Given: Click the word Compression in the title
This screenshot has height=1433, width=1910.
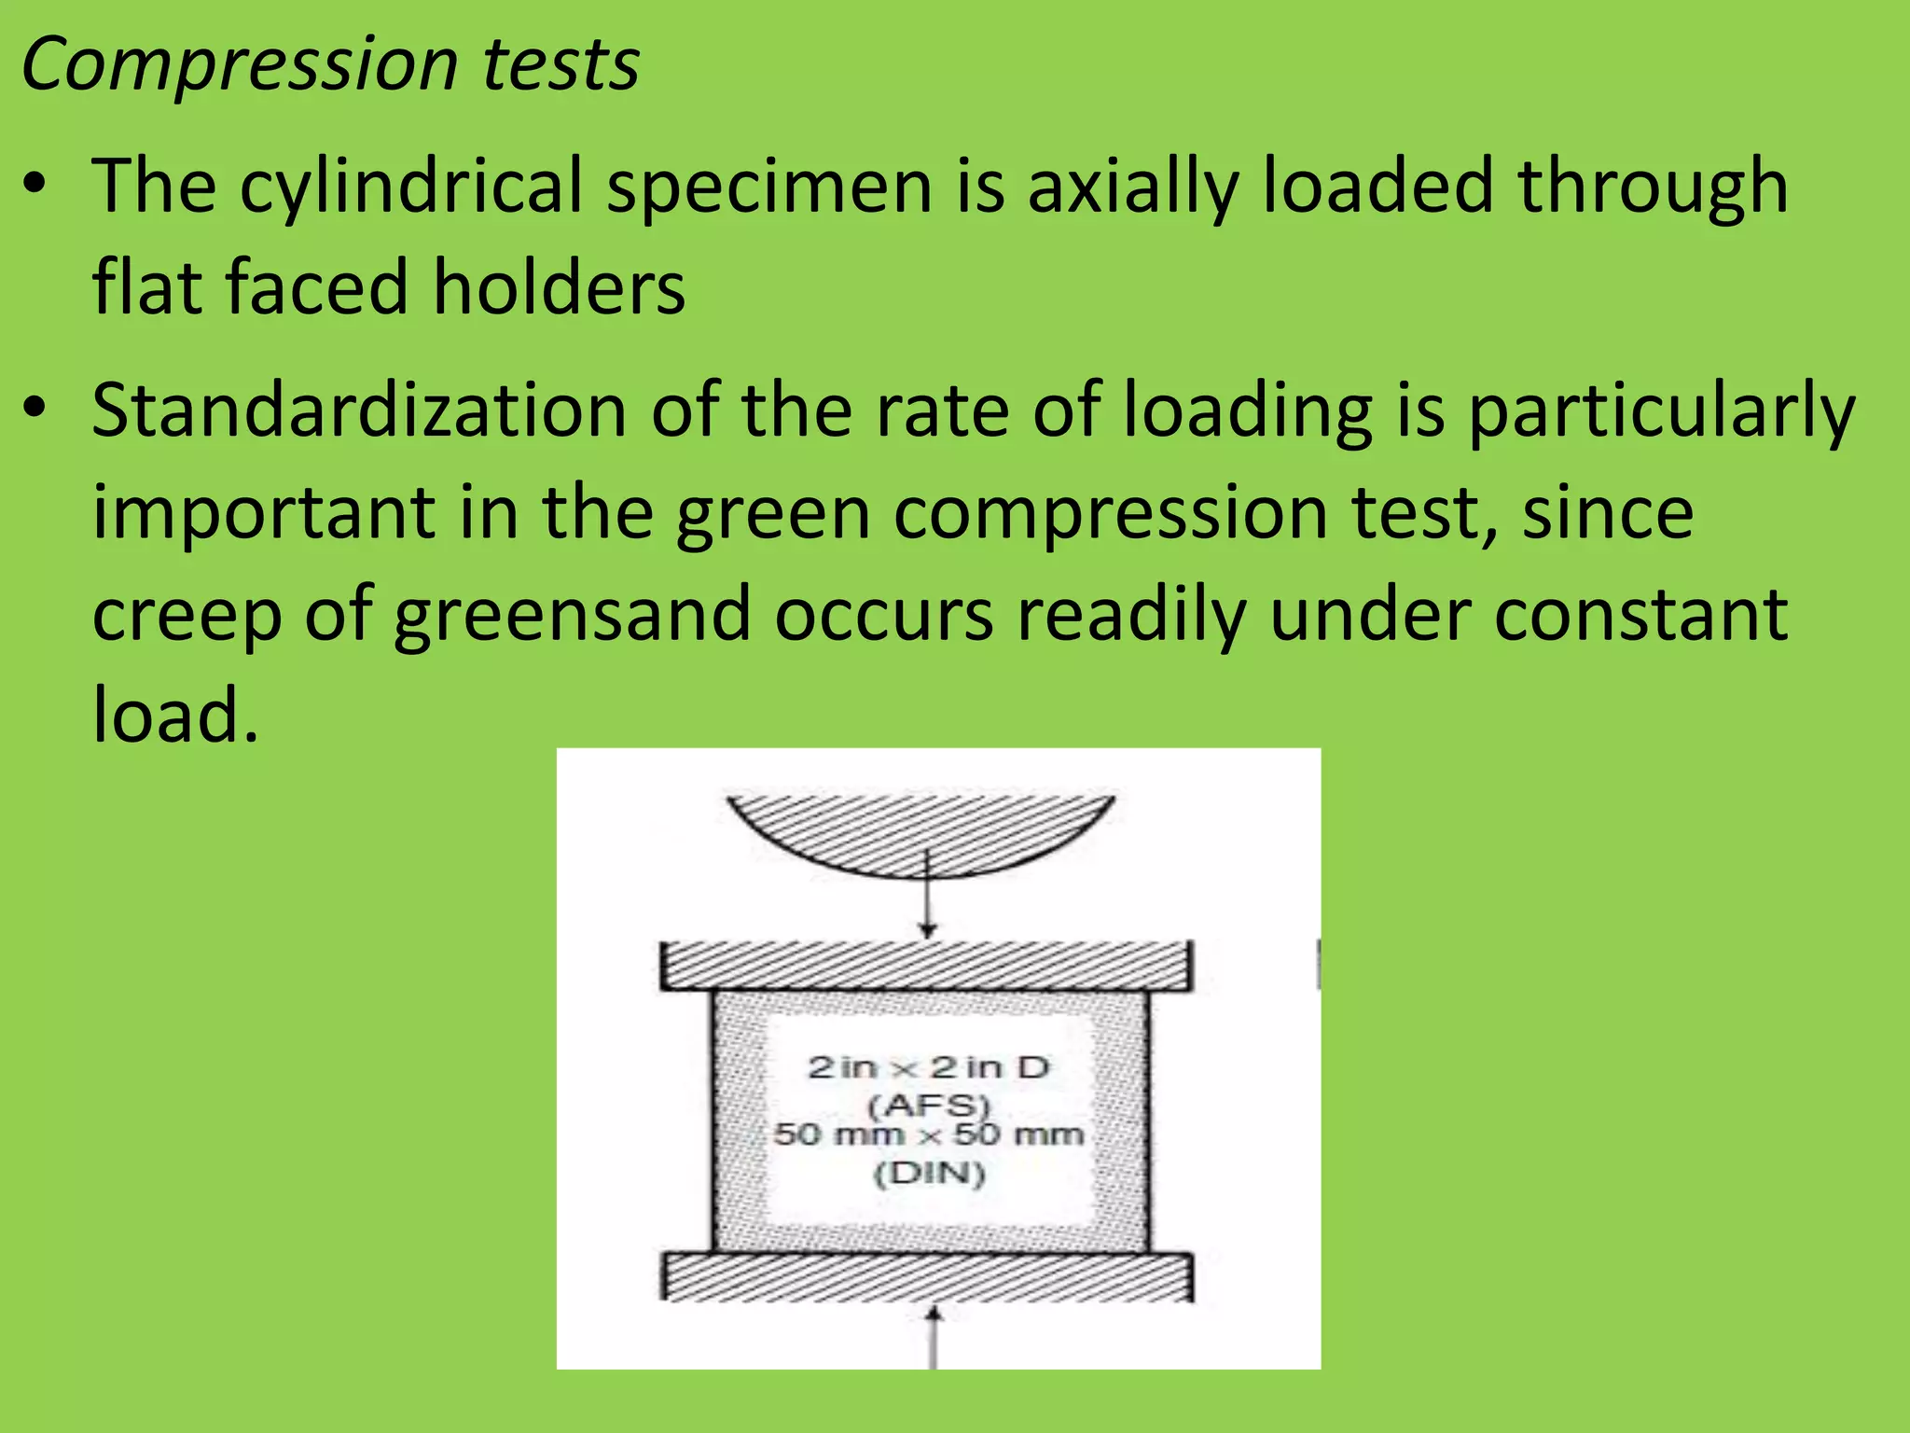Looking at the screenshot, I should point(239,65).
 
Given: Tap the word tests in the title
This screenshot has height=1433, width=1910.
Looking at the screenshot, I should point(561,65).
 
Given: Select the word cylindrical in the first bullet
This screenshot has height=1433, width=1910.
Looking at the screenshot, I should point(410,187).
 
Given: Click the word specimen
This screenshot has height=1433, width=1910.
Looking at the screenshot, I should point(770,187).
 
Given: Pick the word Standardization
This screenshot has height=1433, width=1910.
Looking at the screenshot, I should point(359,410).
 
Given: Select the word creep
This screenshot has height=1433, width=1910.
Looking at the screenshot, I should point(187,616).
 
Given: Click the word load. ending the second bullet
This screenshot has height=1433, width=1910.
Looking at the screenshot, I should point(174,715).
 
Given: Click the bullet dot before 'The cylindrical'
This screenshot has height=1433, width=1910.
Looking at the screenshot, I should point(35,184).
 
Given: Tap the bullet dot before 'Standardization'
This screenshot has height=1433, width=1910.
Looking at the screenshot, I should point(35,408).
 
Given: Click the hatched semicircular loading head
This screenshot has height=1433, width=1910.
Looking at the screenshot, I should point(921,830).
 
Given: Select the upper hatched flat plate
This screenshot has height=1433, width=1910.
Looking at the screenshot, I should point(925,966).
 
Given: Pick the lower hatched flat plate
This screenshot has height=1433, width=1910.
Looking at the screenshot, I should point(927,1276).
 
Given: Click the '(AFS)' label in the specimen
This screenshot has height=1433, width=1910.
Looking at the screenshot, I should point(928,1106).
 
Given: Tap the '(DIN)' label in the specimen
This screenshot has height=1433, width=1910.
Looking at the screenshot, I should point(929,1173).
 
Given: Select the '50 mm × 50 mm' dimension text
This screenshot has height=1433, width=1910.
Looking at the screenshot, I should point(929,1135).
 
